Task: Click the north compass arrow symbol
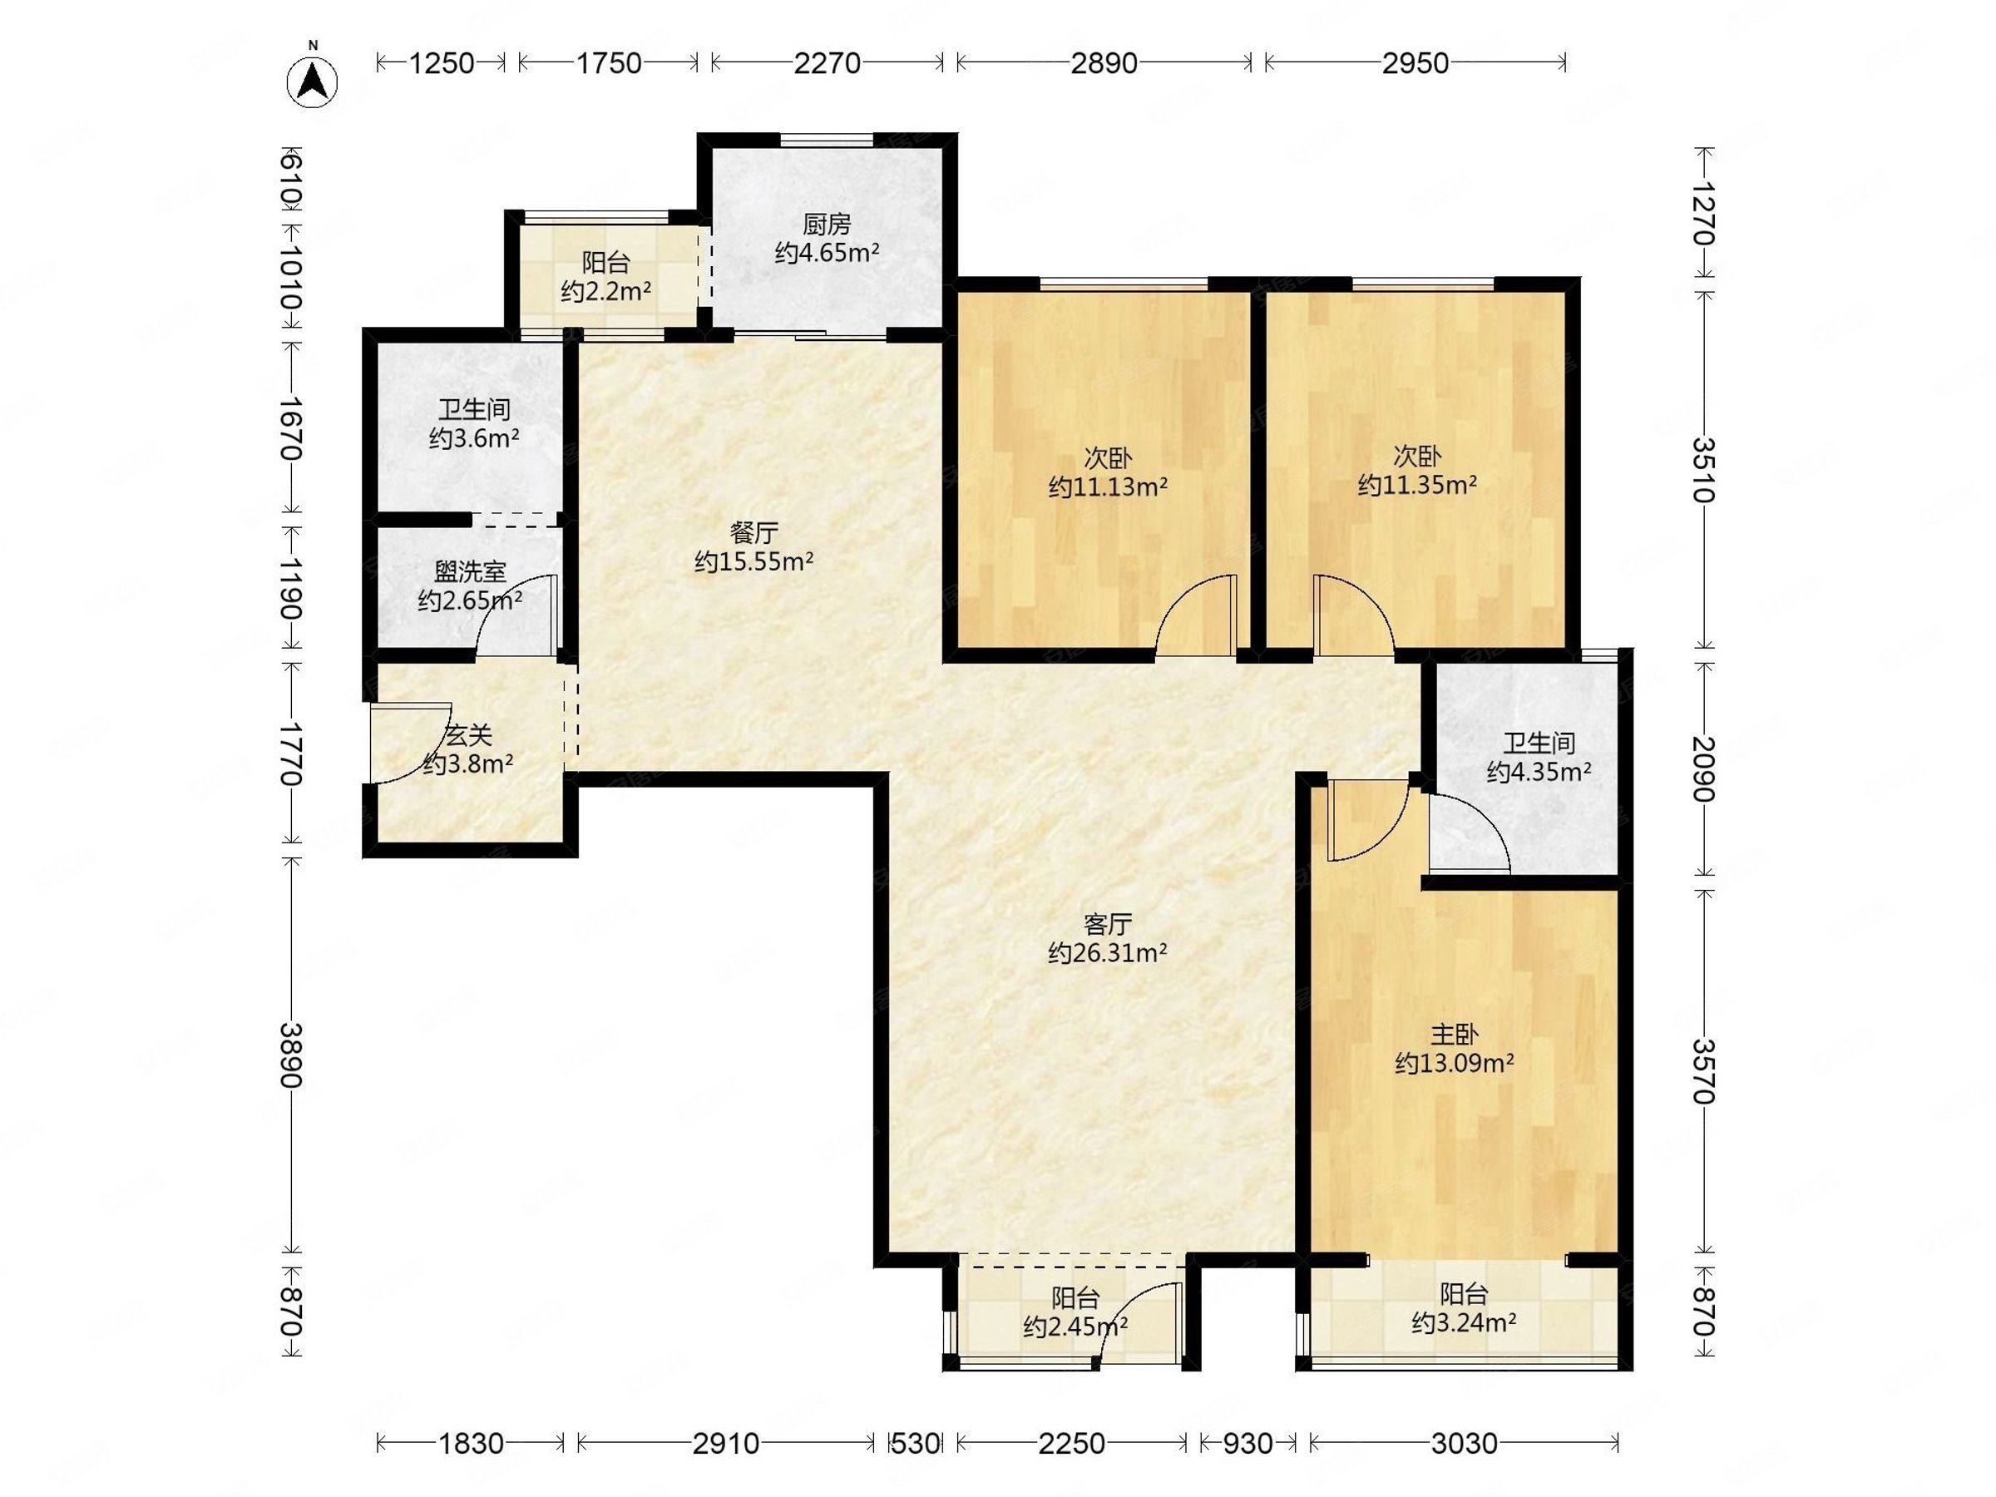click(312, 82)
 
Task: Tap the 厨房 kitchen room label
click(827, 224)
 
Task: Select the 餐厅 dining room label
click(753, 532)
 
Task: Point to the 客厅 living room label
click(1107, 924)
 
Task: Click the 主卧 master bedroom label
click(1454, 1034)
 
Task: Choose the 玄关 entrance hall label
click(468, 735)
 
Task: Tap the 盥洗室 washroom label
click(470, 571)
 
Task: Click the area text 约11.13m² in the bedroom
click(1108, 487)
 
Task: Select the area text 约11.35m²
click(1418, 486)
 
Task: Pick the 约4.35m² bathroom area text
click(1539, 773)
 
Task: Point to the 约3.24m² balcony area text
click(1464, 1323)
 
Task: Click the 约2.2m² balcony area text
click(606, 291)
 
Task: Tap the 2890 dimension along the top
click(1104, 63)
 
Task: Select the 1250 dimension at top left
click(442, 63)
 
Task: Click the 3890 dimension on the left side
click(290, 1055)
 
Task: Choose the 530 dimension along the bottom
click(915, 1444)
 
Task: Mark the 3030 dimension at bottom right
click(1464, 1444)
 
